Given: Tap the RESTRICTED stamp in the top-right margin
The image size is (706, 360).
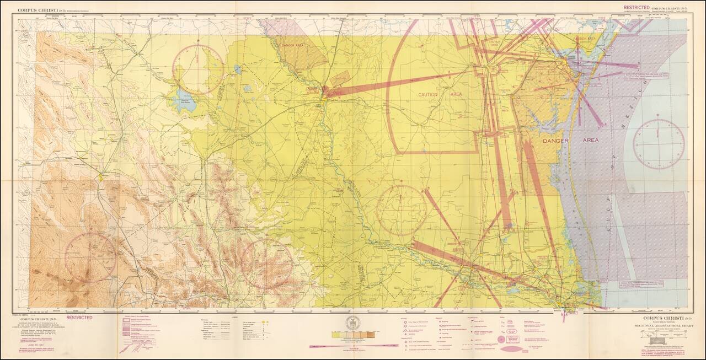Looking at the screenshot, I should pos(637,8).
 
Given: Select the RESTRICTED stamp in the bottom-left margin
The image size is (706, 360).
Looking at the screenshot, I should pos(79,318).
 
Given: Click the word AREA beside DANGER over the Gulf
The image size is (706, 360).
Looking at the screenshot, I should pos(591,141).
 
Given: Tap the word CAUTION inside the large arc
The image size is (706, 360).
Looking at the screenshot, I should pos(427,95).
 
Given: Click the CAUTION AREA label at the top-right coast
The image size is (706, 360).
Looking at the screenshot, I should pos(585,39).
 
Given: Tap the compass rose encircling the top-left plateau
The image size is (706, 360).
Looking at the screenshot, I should pos(198,69).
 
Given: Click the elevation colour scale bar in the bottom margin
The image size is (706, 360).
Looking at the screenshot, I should pos(352,334).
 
